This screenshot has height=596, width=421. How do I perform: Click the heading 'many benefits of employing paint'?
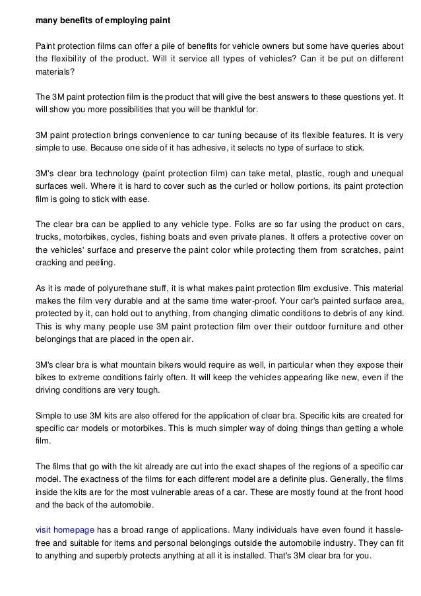(103, 20)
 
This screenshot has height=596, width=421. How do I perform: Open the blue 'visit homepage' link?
(65, 529)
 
